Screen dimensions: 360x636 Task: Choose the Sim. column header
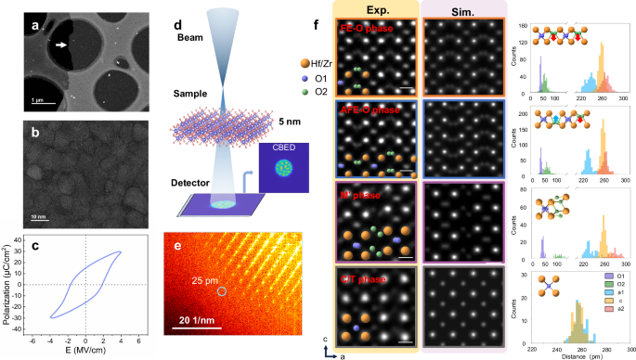tap(455, 10)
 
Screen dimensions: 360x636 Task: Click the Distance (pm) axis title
tap(571, 354)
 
